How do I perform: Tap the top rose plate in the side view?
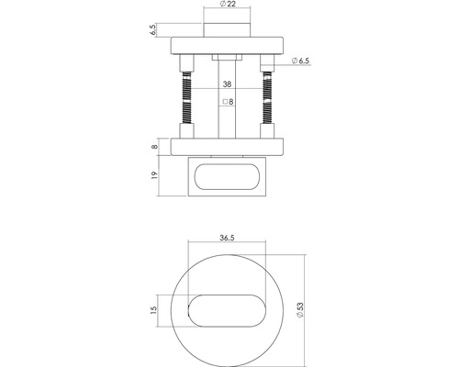coord(227,45)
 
